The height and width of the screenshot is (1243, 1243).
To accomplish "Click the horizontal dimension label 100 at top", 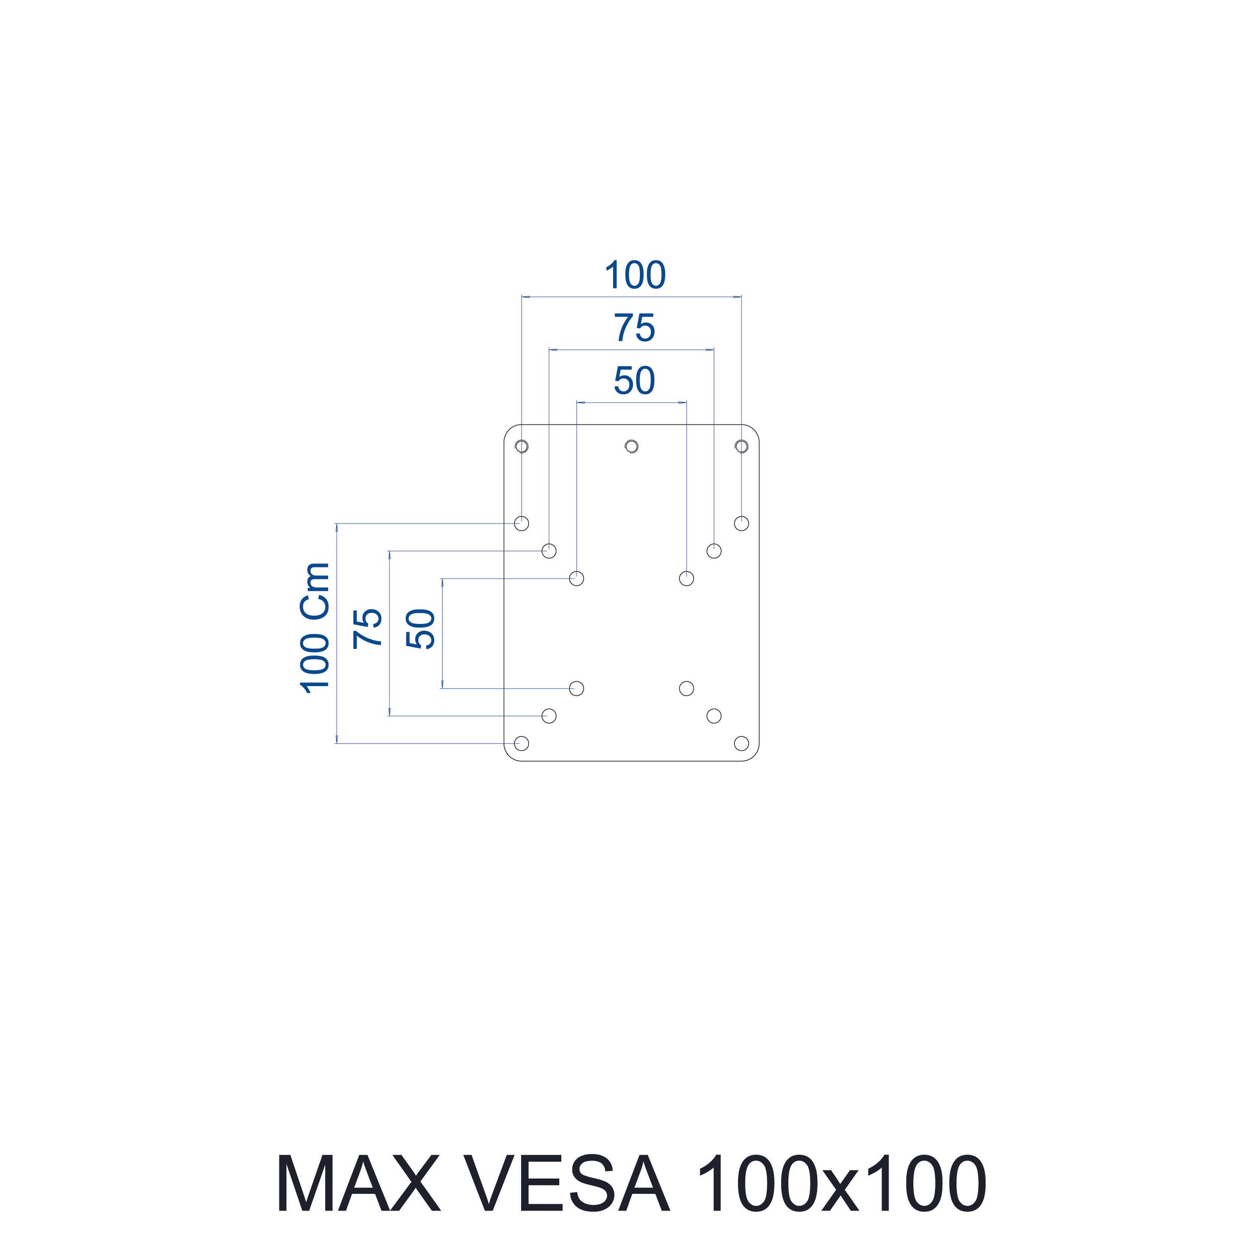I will tap(634, 275).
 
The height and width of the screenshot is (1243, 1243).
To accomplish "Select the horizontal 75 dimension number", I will tap(634, 328).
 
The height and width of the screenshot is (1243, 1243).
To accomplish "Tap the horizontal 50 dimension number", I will tap(634, 381).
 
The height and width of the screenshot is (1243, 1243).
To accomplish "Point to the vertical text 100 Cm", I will tap(315, 628).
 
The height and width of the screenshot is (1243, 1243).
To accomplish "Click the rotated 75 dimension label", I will tap(368, 628).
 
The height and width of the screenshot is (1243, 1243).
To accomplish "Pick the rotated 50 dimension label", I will tap(422, 628).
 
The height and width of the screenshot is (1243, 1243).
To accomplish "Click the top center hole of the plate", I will tap(632, 446).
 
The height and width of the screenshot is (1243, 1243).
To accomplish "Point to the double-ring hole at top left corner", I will tap(522, 446).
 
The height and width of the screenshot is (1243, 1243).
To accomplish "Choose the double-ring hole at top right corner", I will tap(741, 446).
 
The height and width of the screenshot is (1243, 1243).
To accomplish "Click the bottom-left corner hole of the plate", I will tap(522, 743).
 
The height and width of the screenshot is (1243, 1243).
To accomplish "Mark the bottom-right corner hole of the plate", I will tap(741, 743).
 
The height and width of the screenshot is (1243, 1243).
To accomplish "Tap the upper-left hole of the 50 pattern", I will tap(576, 578).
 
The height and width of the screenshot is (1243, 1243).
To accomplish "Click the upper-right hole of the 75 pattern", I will tap(713, 551).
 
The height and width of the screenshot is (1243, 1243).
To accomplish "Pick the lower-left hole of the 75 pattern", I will tap(549, 715).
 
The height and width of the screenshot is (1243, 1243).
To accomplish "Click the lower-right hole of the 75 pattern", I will tap(713, 715).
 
